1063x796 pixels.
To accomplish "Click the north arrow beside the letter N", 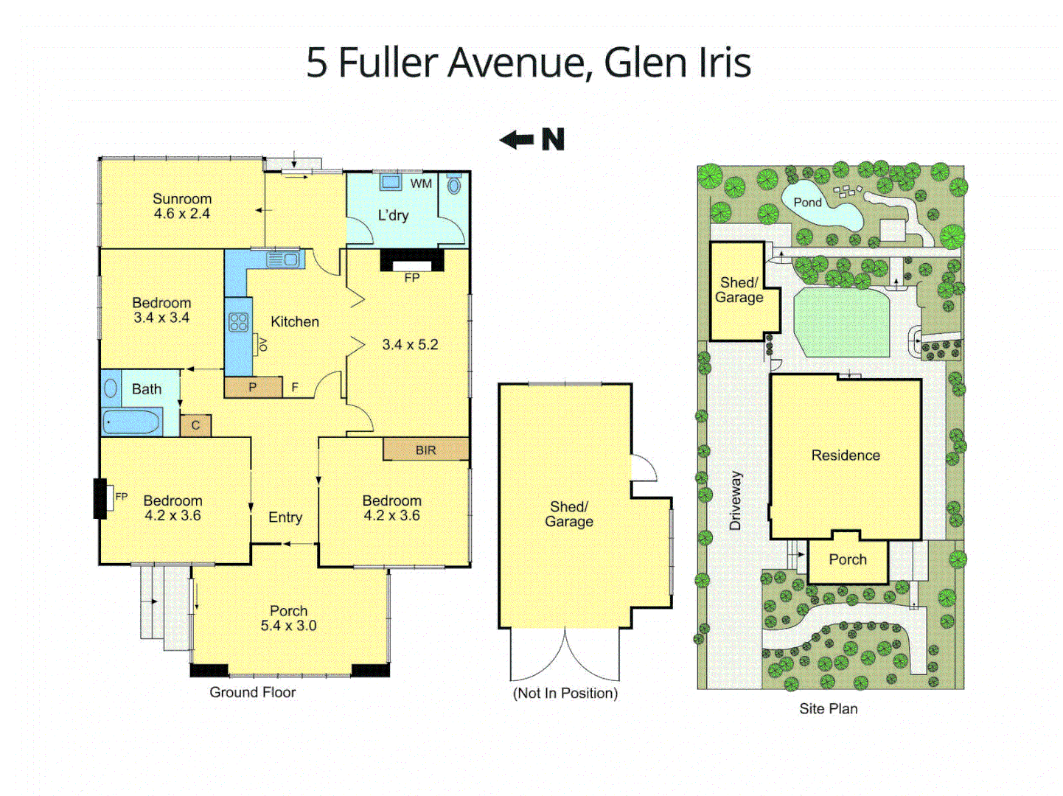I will pyautogui.click(x=517, y=139).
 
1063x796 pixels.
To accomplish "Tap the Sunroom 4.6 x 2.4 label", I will pyautogui.click(x=182, y=206).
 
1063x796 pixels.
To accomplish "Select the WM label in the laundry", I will pyautogui.click(x=421, y=184).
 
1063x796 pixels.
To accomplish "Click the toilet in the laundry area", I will pyautogui.click(x=454, y=184).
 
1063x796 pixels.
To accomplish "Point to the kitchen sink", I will pyautogui.click(x=284, y=259).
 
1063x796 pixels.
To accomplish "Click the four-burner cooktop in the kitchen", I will pyautogui.click(x=238, y=322).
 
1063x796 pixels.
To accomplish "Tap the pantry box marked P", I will pyautogui.click(x=253, y=387).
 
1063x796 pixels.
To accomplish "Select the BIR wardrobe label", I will pyautogui.click(x=425, y=450).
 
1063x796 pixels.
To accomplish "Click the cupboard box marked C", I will pyautogui.click(x=195, y=425).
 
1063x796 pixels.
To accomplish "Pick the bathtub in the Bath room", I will pyautogui.click(x=132, y=422).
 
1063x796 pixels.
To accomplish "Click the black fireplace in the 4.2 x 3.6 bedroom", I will pyautogui.click(x=100, y=498).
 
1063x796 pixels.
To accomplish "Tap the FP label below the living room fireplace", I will pyautogui.click(x=412, y=278).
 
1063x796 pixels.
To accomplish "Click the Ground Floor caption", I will pyautogui.click(x=252, y=692).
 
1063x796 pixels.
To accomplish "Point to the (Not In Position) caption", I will pyautogui.click(x=565, y=693).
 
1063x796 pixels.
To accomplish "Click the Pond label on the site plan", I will pyautogui.click(x=807, y=202).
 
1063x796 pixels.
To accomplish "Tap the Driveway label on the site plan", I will pyautogui.click(x=735, y=500).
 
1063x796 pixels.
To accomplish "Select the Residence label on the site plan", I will pyautogui.click(x=846, y=455).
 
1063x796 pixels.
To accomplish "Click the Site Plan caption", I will pyautogui.click(x=829, y=708).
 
